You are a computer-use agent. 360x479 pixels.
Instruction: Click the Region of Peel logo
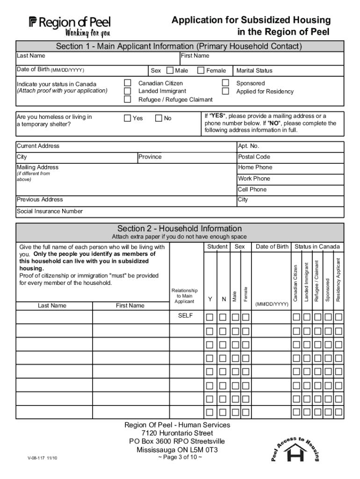[x=70, y=26]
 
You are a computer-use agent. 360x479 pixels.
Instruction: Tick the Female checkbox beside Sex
[x=201, y=71]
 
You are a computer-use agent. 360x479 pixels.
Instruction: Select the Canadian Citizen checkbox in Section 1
[x=127, y=83]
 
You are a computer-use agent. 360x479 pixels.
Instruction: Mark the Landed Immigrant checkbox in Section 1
[x=127, y=91]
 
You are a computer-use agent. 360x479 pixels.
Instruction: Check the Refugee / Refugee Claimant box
[x=127, y=99]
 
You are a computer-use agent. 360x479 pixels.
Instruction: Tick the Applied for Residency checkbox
[x=225, y=91]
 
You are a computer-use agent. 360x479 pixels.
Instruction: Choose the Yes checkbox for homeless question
[x=127, y=118]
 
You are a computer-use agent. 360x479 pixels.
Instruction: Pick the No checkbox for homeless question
[x=158, y=118]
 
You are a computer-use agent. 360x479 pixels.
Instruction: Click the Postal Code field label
[x=254, y=157]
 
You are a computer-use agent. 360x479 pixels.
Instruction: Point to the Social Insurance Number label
[x=50, y=211]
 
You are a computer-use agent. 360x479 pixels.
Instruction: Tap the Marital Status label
[x=254, y=71]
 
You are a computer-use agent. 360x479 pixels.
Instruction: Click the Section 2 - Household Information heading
[x=180, y=228]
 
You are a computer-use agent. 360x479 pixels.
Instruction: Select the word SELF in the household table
[x=185, y=316]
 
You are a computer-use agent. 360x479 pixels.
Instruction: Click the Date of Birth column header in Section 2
[x=272, y=247]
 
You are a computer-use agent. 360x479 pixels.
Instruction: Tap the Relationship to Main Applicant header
[x=185, y=296]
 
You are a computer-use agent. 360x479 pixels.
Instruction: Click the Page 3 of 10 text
[x=180, y=457]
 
